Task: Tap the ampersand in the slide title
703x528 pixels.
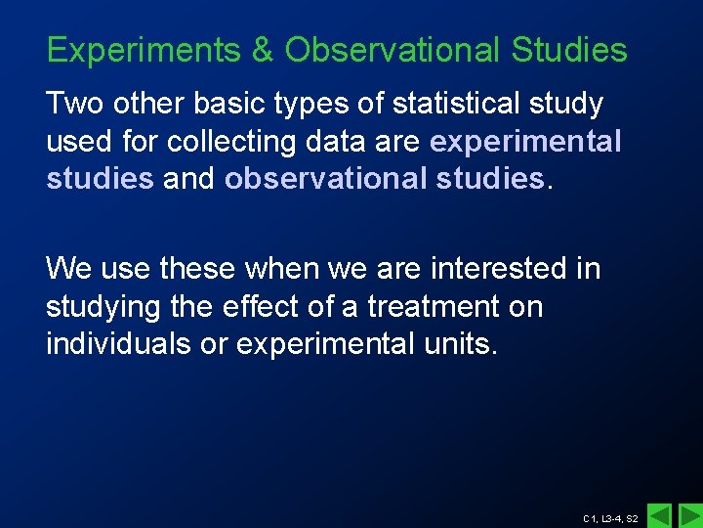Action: pyautogui.click(x=263, y=50)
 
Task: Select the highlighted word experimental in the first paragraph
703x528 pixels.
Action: pyautogui.click(x=525, y=142)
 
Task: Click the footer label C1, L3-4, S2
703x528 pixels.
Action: pyautogui.click(x=609, y=518)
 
